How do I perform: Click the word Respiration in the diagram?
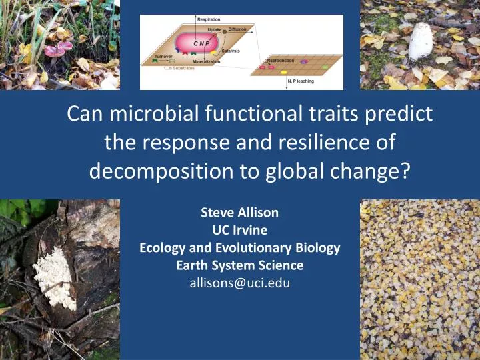[x=209, y=19]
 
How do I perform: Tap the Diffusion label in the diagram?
[x=237, y=29]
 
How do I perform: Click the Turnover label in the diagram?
[x=164, y=56]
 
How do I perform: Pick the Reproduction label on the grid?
[x=281, y=61]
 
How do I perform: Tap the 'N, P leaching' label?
[x=301, y=81]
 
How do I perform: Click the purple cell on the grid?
[x=304, y=62]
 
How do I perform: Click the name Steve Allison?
[x=240, y=213]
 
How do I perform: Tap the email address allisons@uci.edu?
[x=240, y=282]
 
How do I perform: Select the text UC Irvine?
[x=240, y=230]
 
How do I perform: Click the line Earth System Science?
[x=240, y=265]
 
